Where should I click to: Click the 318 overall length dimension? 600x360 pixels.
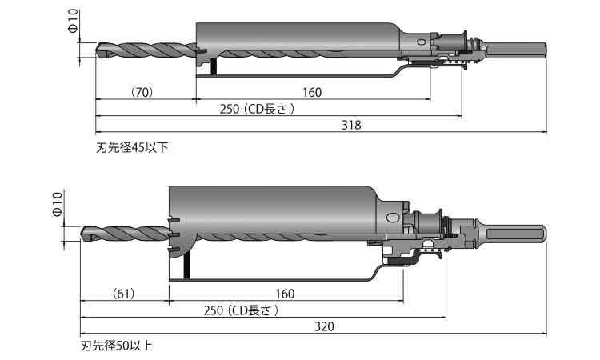click(351, 125)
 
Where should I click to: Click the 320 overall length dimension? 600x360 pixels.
click(324, 326)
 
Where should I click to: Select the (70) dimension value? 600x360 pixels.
click(142, 93)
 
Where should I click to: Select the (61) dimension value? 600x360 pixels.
click(122, 294)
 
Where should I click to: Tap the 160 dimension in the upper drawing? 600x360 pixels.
click(312, 93)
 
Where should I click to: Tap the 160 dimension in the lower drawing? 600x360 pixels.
click(285, 294)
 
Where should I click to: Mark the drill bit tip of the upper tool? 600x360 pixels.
click(99, 50)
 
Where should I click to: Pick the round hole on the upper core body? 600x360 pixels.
click(420, 40)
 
